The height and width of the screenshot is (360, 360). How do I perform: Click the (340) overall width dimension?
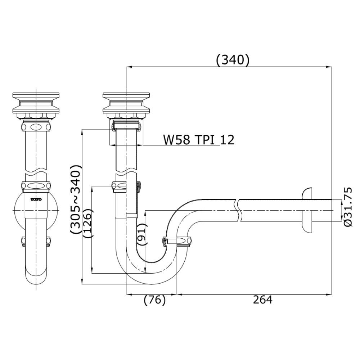point(232,60)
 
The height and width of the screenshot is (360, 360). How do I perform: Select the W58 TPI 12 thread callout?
point(198,139)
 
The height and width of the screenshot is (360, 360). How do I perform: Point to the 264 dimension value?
point(262,300)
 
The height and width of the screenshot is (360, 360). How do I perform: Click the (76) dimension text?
point(154,300)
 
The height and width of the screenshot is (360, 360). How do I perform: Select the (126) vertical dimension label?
point(87,223)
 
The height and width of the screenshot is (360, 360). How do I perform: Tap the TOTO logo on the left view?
point(36,199)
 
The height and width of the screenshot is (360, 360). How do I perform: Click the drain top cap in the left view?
point(36,96)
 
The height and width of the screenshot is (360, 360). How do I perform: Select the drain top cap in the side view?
point(126,96)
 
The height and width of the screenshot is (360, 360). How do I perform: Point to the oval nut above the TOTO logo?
point(36,186)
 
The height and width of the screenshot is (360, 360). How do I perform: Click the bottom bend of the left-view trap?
point(36,279)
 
